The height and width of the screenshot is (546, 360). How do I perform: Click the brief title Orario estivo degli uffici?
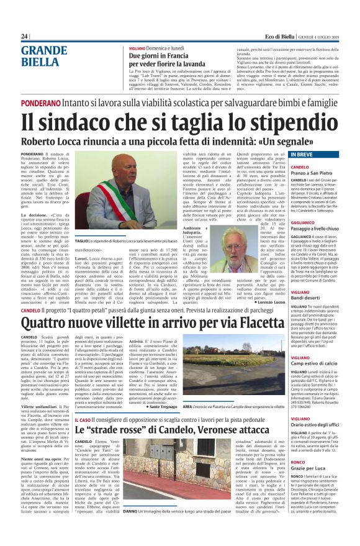303,405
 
